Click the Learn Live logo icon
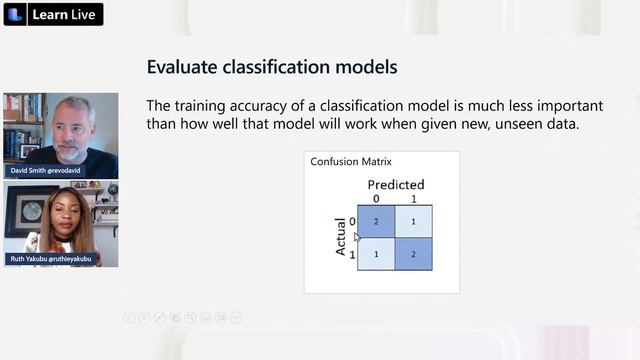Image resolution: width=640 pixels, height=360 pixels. pyautogui.click(x=18, y=14)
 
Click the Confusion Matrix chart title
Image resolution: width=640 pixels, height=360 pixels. pyautogui.click(x=351, y=161)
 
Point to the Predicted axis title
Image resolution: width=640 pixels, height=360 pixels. pyautogui.click(x=396, y=184)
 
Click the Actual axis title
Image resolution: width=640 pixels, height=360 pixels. pyautogui.click(x=341, y=237)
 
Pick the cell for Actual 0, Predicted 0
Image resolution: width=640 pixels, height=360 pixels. pyautogui.click(x=376, y=221)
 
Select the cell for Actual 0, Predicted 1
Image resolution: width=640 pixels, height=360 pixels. pyautogui.click(x=414, y=221)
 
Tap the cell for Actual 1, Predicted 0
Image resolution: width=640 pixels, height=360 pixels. pyautogui.click(x=376, y=255)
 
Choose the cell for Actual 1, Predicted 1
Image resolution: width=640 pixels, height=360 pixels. pyautogui.click(x=414, y=255)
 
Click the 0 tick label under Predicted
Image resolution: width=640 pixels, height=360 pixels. pyautogui.click(x=376, y=197)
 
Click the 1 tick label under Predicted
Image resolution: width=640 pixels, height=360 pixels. pyautogui.click(x=414, y=197)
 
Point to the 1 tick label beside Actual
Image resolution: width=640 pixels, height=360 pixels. pyautogui.click(x=351, y=256)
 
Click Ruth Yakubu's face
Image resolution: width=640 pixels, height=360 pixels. pyautogui.click(x=54, y=209)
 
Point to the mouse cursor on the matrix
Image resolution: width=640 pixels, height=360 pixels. pyautogui.click(x=357, y=237)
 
